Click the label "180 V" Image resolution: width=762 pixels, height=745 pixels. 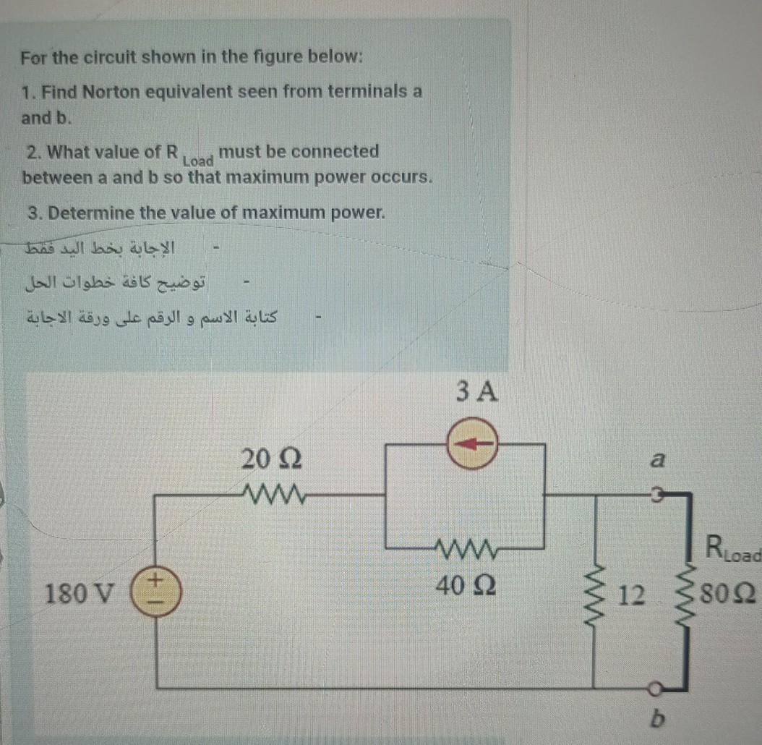click(x=80, y=595)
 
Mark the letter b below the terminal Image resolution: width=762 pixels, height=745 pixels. click(x=657, y=721)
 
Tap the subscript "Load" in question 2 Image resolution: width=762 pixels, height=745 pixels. click(x=197, y=161)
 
